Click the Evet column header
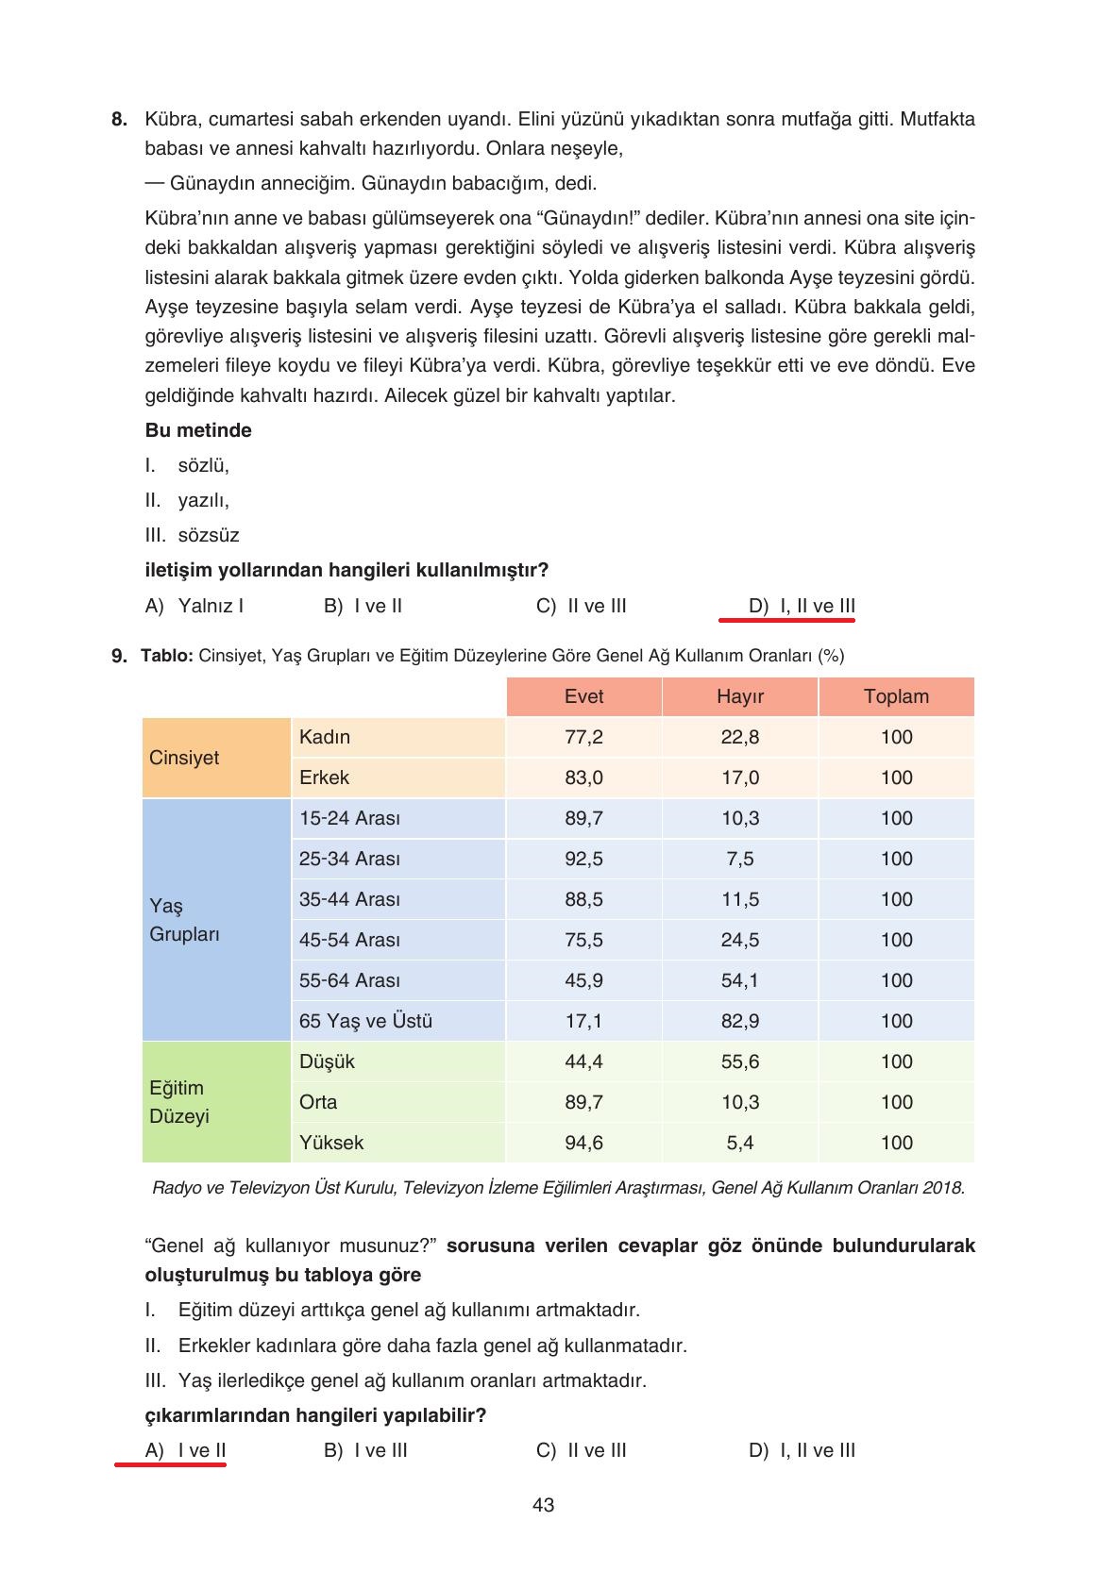[x=583, y=696]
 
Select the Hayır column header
[x=739, y=696]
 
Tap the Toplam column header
[x=896, y=696]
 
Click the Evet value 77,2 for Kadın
[x=583, y=737]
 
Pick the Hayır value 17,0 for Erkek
[x=739, y=777]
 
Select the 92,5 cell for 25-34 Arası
[x=583, y=859]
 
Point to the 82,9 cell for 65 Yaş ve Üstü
[x=739, y=1021]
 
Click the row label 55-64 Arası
[x=349, y=980]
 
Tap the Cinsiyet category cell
[x=185, y=758]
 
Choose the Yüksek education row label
[x=331, y=1143]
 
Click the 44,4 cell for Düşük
[x=583, y=1061]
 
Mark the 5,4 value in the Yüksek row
[x=739, y=1143]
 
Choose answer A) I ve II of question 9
[x=186, y=1450]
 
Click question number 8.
[x=119, y=120]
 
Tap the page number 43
[x=543, y=1505]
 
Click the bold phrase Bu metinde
[x=198, y=430]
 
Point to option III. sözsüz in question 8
[x=193, y=535]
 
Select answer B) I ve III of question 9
[x=366, y=1450]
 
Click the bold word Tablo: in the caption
[x=167, y=656]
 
